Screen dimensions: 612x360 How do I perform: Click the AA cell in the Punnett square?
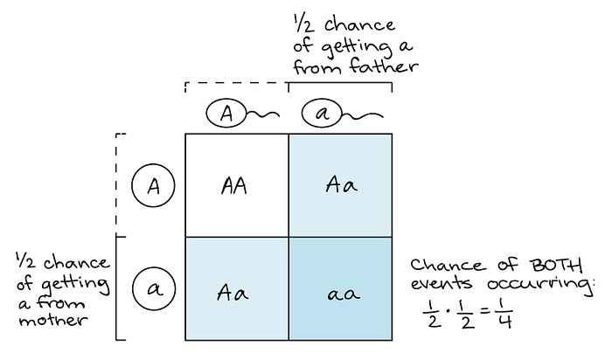237,185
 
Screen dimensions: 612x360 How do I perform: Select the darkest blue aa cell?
340,288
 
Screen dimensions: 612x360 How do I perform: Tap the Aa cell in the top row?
340,185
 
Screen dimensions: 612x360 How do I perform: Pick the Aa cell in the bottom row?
237,288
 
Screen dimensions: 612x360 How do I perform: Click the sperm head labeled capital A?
226,114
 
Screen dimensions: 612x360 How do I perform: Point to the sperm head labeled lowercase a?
322,114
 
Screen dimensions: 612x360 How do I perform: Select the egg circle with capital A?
153,185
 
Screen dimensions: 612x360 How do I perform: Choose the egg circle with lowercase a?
154,289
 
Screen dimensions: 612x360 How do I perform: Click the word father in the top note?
384,66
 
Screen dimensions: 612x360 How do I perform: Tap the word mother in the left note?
53,321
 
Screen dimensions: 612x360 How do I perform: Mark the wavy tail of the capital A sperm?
262,114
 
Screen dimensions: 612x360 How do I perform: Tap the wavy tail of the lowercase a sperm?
363,115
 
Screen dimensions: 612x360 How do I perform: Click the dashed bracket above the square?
237,83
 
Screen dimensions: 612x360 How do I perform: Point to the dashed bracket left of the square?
116,185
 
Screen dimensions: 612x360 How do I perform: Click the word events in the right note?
441,282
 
